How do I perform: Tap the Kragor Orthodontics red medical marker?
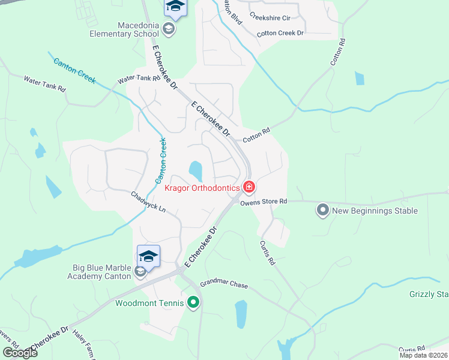(x=249, y=188)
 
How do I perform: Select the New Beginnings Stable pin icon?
(x=323, y=210)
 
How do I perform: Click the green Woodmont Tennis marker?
(x=193, y=303)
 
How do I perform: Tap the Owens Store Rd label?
(x=264, y=202)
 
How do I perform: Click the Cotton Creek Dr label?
(x=280, y=33)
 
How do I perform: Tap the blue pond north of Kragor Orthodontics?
(x=196, y=171)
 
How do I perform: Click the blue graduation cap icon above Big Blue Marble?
(x=148, y=256)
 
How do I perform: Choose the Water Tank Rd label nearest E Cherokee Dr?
(x=139, y=79)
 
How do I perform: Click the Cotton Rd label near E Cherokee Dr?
(x=256, y=135)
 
